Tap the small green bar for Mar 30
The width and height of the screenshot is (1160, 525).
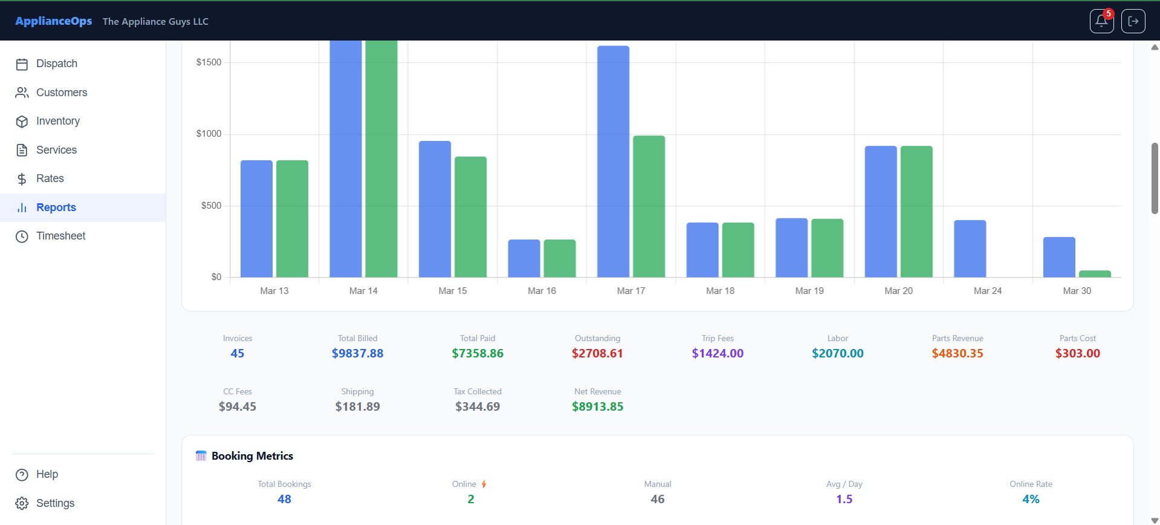coord(1095,274)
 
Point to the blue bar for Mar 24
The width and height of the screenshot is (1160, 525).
coord(970,249)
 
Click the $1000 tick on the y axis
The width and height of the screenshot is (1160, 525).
coord(209,134)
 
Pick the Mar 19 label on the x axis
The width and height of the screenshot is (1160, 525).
coord(809,291)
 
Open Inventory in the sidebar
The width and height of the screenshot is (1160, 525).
coord(57,121)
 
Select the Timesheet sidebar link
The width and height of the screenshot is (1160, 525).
coord(60,236)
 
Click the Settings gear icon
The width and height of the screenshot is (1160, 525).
coord(22,503)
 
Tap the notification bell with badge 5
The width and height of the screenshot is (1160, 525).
coord(1101,21)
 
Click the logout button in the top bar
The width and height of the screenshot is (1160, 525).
coord(1133,21)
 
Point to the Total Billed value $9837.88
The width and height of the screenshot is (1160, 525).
coord(357,353)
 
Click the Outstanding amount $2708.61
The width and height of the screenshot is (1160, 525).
coord(597,353)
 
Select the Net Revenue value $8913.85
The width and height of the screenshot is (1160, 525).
coord(597,406)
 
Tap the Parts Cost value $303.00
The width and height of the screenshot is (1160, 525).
coord(1077,353)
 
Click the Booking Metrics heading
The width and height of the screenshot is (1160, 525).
coord(252,456)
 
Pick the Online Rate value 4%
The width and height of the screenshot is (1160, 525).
coord(1031,499)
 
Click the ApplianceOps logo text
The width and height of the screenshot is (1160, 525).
coord(54,21)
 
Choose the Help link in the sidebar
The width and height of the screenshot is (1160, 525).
coord(47,474)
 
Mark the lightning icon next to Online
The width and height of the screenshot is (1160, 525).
coord(484,484)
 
